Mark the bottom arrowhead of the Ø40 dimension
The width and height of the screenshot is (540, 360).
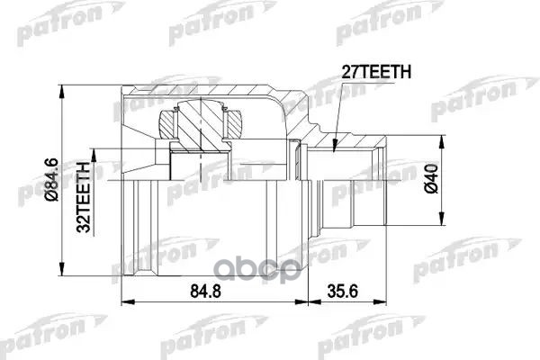(442, 225)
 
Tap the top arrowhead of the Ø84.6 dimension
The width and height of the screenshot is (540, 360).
(61, 93)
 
